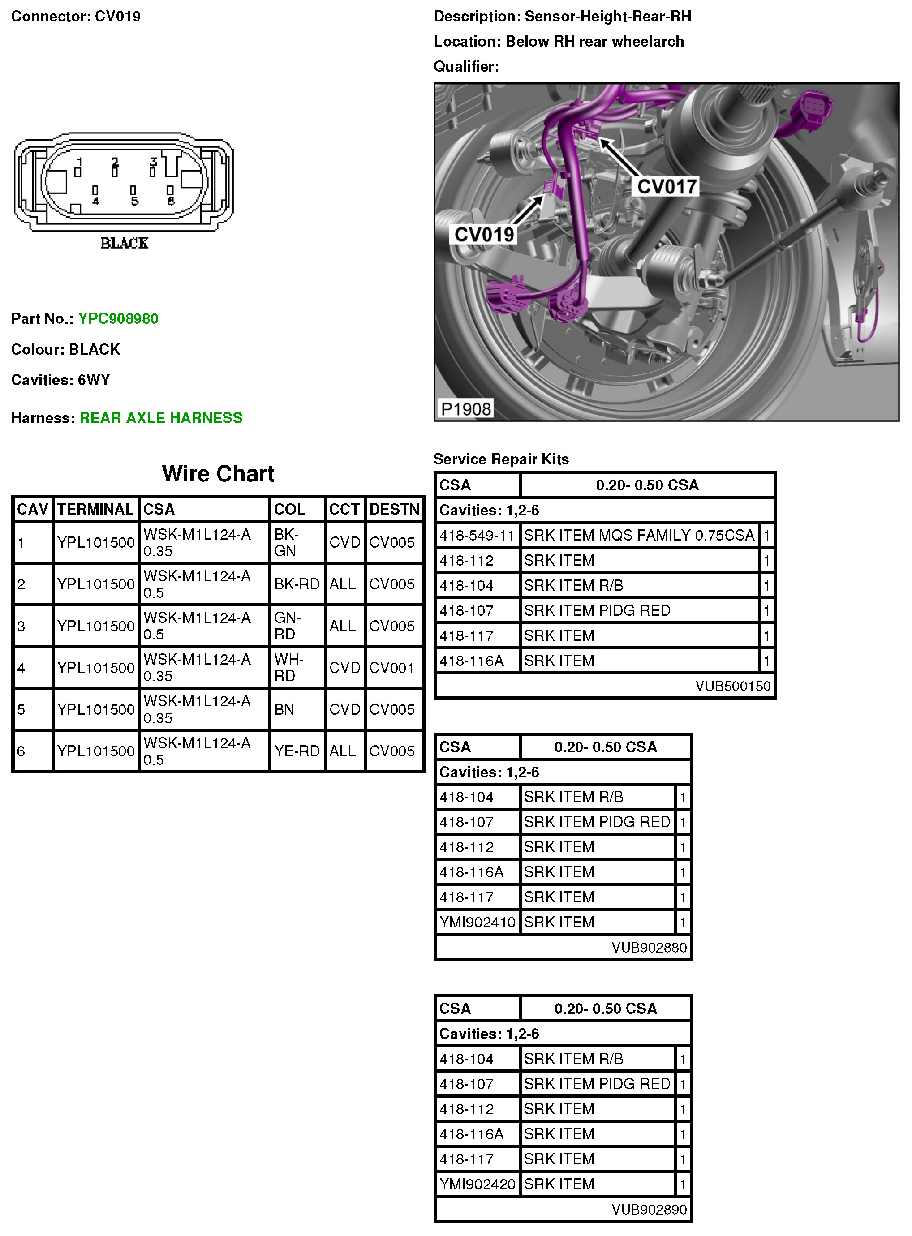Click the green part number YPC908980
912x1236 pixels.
pos(118,318)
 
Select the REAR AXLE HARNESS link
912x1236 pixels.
pos(161,418)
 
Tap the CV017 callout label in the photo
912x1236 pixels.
pos(667,187)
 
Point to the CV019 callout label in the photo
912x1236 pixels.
pos(484,235)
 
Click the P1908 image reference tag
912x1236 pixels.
pos(465,409)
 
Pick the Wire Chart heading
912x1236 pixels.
pos(218,473)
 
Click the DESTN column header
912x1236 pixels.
pos(394,509)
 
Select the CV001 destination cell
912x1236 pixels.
pos(391,668)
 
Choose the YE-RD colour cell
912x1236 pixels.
pos(297,751)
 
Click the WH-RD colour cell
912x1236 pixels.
pos(288,668)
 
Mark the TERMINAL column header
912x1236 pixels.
pos(95,509)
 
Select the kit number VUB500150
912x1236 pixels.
pos(732,686)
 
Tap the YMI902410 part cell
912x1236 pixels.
pos(477,922)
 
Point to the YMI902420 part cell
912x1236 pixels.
pos(477,1184)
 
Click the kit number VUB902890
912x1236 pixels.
pos(649,1210)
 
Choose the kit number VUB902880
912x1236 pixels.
pos(649,948)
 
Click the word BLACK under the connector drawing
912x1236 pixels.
pos(124,243)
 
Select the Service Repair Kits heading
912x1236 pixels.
pos(501,459)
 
